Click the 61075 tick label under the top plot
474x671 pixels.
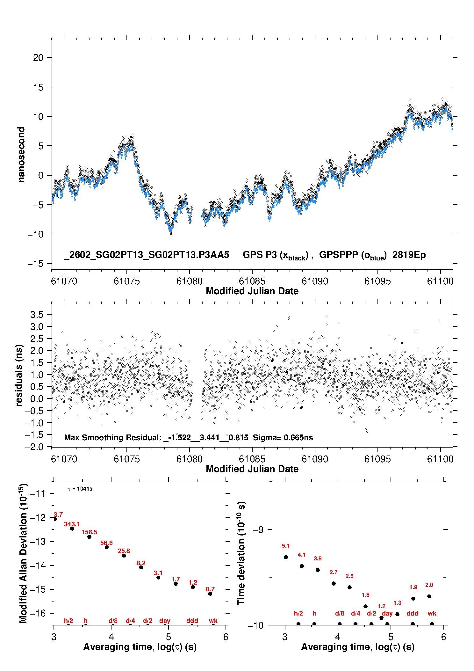point(126,281)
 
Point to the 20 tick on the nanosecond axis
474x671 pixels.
point(38,58)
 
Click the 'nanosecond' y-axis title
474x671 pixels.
point(21,155)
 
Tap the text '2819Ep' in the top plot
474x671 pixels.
point(409,255)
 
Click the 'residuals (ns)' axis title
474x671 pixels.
point(19,375)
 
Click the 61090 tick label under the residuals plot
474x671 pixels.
point(315,459)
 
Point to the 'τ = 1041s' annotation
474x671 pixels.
point(80,489)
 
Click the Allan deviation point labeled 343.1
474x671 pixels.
point(72,529)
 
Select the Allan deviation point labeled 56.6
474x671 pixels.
point(107,547)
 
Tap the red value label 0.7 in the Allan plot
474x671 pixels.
point(210,589)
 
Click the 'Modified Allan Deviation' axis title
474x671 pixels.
point(23,553)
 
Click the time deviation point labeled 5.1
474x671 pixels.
point(286,557)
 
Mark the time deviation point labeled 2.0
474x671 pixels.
point(429,596)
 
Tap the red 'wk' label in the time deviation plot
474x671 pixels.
point(432,613)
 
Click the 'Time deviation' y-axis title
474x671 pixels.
point(241,553)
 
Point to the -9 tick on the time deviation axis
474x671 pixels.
point(258,529)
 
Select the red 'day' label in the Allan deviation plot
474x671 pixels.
point(165,621)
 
